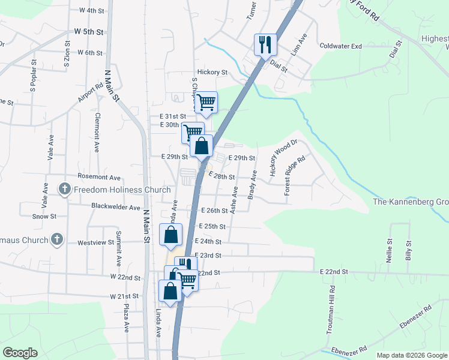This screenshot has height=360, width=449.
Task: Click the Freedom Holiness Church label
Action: [x=122, y=190]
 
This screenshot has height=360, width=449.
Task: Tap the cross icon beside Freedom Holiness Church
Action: [x=65, y=190]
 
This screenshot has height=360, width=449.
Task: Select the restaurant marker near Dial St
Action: [x=265, y=44]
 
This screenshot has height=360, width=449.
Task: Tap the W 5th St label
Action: [x=89, y=31]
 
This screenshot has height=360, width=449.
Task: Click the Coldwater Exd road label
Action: [x=341, y=46]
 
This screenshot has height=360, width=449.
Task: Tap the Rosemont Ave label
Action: [x=100, y=178]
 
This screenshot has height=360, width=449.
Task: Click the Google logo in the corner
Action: [x=20, y=352]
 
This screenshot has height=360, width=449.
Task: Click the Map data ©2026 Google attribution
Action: [x=412, y=355]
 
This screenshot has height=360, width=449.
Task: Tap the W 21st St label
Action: [x=124, y=296]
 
